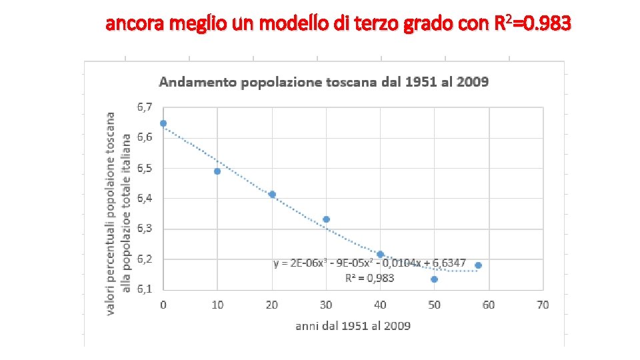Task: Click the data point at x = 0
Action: click(163, 123)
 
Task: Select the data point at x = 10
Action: click(217, 171)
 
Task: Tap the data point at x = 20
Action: click(272, 194)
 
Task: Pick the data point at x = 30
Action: click(326, 219)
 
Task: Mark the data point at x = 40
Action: click(380, 254)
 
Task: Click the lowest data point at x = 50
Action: click(434, 279)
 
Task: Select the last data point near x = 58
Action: click(478, 265)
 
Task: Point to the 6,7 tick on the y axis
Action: click(145, 107)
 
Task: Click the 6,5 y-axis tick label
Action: click(145, 168)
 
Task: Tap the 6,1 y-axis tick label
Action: click(145, 289)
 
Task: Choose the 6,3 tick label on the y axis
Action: click(145, 229)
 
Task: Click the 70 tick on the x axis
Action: click(543, 305)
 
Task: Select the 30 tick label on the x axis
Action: click(326, 305)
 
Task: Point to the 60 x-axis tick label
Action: click(489, 305)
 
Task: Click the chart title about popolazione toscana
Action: click(323, 82)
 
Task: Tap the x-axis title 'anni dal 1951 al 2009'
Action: click(353, 326)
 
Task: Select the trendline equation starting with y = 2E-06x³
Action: click(369, 264)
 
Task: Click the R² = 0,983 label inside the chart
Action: click(369, 278)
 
